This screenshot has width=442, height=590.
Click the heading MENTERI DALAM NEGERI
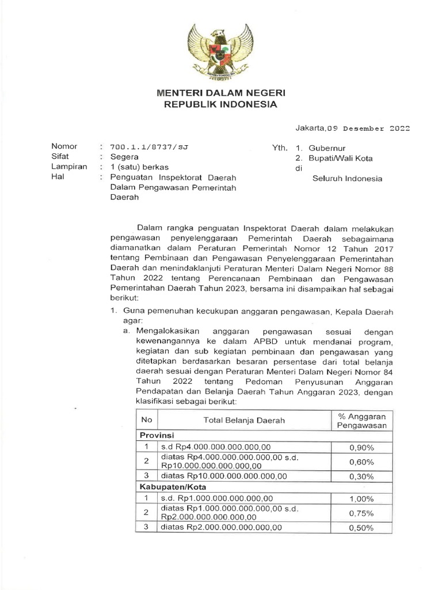[x=222, y=93]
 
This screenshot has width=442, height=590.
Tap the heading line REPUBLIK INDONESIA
[x=222, y=105]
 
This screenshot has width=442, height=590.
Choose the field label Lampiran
[x=69, y=167]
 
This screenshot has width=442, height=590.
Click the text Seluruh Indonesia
[x=347, y=179]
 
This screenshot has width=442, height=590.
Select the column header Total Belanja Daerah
[x=244, y=421]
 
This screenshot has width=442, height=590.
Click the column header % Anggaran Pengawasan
[x=361, y=421]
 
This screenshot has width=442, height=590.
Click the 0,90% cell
[x=361, y=447]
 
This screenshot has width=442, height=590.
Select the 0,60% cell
[x=361, y=462]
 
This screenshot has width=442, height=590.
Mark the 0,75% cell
[x=361, y=513]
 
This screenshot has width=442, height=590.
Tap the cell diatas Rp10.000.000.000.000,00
[x=223, y=476]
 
